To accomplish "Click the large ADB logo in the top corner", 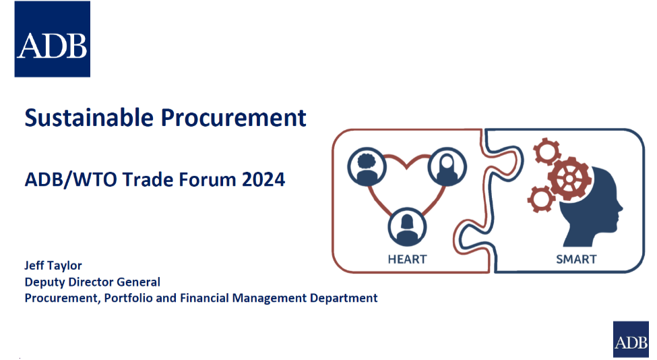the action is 53,39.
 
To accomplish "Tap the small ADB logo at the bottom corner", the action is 631,340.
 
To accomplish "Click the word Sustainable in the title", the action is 89,117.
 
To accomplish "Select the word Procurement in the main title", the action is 234,117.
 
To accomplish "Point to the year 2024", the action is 263,179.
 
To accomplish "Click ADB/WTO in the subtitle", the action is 71,180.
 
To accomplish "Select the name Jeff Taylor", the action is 53,266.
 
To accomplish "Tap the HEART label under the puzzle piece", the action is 407,260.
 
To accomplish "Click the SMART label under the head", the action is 576,260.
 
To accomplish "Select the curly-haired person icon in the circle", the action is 367,167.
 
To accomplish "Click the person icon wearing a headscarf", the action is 447,167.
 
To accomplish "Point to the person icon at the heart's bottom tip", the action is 407,227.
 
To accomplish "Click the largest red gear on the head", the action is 569,179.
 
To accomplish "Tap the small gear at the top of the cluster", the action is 547,151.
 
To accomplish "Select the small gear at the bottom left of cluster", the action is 541,199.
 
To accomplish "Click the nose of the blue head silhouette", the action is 620,207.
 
